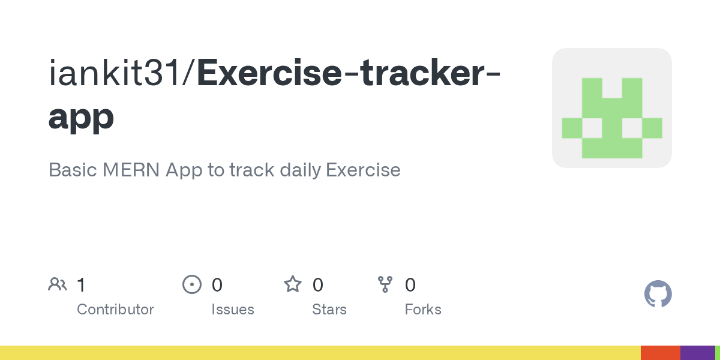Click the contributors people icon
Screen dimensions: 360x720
pyautogui.click(x=58, y=284)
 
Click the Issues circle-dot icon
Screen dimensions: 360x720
pyautogui.click(x=192, y=284)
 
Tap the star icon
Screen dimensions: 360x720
pyautogui.click(x=293, y=284)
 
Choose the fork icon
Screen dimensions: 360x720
pyautogui.click(x=385, y=284)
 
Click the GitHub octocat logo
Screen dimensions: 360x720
pyautogui.click(x=658, y=294)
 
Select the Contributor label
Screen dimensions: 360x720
pyautogui.click(x=115, y=310)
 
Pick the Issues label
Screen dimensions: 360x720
pyautogui.click(x=233, y=310)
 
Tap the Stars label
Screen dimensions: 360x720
pyautogui.click(x=329, y=310)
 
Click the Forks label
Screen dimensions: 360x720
pyautogui.click(x=423, y=310)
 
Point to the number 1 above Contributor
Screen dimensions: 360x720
pyautogui.click(x=81, y=284)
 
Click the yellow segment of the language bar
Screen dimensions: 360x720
pyautogui.click(x=318, y=353)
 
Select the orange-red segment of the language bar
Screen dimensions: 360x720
pyautogui.click(x=660, y=353)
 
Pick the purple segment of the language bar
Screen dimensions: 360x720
pyautogui.click(x=697, y=353)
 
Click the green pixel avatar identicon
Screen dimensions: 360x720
pyautogui.click(x=612, y=108)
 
